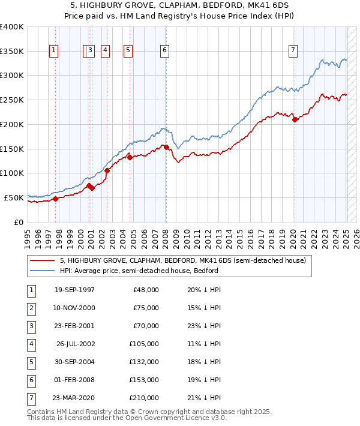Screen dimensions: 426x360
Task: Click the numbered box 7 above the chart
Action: [293, 51]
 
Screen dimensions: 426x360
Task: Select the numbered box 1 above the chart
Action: [54, 51]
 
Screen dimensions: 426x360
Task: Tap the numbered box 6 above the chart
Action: [164, 51]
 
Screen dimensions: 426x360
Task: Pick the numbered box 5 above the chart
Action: [128, 51]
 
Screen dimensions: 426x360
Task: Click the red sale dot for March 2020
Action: [295, 119]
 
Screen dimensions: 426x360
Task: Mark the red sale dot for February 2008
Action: [166, 147]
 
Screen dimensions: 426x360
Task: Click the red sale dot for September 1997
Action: [55, 199]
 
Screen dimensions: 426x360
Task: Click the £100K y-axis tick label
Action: [12, 173]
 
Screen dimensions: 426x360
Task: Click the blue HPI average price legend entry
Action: [139, 271]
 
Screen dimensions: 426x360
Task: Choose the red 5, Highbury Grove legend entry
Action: [183, 260]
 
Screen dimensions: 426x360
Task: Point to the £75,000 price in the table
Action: [146, 308]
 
